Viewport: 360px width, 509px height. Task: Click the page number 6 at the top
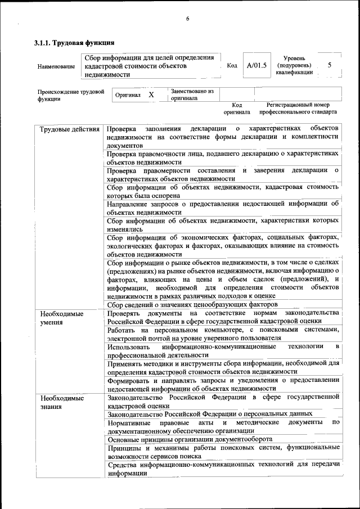click(x=187, y=19)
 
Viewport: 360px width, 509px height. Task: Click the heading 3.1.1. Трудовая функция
click(x=74, y=43)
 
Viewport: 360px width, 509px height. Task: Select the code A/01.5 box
click(x=256, y=65)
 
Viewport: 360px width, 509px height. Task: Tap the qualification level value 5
click(x=330, y=65)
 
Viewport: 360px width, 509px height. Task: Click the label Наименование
click(x=56, y=66)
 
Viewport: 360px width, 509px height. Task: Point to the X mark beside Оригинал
click(x=151, y=95)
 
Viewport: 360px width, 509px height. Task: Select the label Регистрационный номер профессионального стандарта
click(x=298, y=109)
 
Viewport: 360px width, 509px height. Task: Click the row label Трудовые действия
click(x=70, y=129)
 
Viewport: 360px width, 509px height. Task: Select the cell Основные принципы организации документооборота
click(x=190, y=439)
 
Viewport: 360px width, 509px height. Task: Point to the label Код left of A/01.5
click(x=231, y=66)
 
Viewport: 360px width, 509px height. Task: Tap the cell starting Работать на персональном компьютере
click(x=223, y=334)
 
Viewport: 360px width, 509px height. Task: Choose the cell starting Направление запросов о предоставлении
click(x=223, y=208)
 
